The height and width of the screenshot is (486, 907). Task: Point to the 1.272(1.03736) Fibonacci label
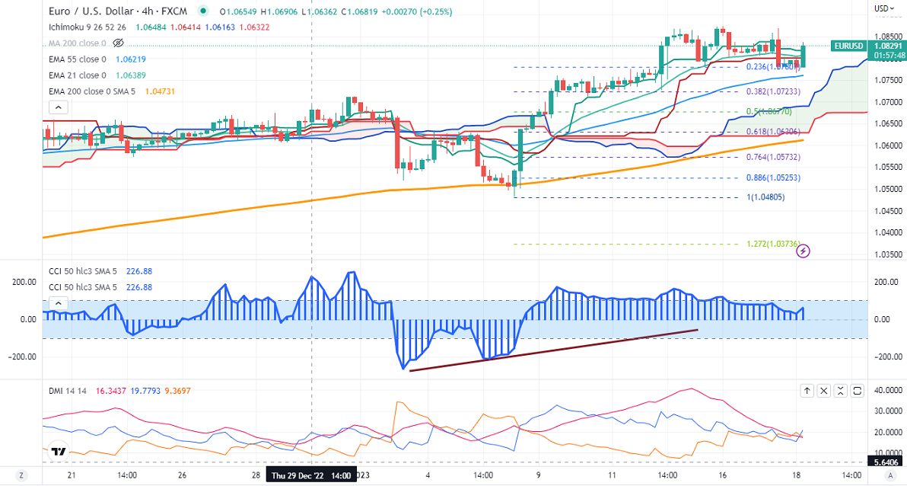(772, 244)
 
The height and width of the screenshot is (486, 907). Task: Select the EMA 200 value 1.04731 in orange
(138, 91)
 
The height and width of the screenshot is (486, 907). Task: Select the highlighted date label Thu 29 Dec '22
(310, 475)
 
